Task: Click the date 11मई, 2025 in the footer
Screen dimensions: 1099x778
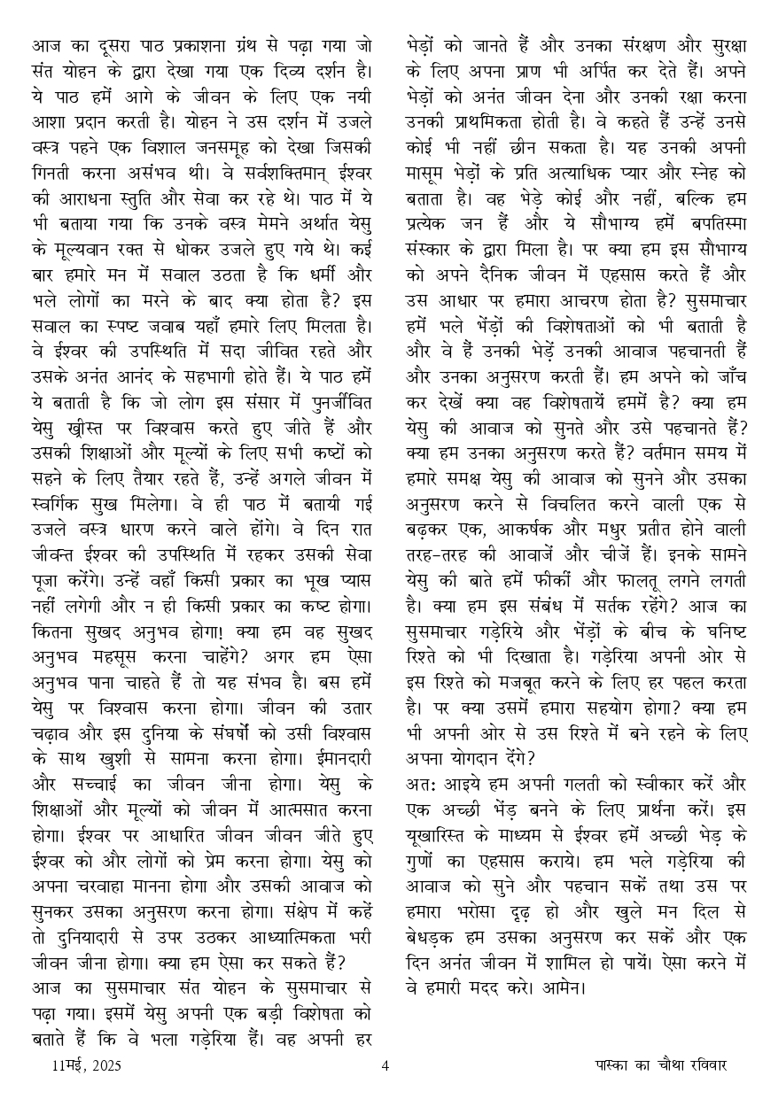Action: click(x=86, y=1065)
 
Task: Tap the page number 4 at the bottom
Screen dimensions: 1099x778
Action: click(x=385, y=1065)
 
